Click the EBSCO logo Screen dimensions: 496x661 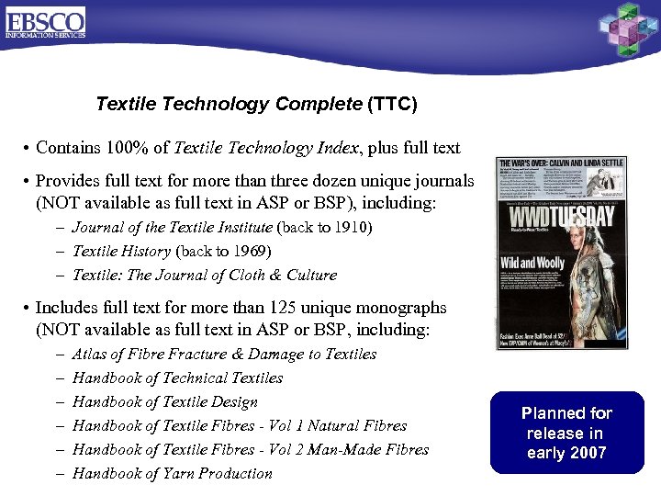[45, 22]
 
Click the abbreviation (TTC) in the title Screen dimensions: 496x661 [392, 104]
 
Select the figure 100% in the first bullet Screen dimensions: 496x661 [129, 148]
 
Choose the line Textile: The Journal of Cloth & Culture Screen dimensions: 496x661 [204, 275]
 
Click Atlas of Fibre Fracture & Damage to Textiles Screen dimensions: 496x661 [224, 354]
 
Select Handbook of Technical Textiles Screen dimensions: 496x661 [177, 378]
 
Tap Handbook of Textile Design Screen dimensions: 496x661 [164, 401]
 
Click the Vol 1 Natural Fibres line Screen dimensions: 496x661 [239, 425]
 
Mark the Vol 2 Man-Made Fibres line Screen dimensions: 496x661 [250, 449]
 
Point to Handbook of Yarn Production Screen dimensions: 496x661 [172, 473]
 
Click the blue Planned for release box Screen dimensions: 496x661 [566, 433]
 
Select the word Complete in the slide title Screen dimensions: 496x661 [320, 104]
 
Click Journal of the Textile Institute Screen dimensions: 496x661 [172, 227]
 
